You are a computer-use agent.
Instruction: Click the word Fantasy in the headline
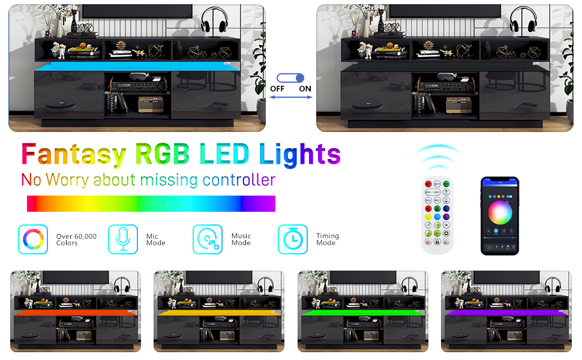point(74,154)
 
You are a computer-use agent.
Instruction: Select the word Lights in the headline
point(300,154)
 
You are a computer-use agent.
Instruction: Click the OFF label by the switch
point(277,89)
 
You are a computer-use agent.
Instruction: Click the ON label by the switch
point(305,89)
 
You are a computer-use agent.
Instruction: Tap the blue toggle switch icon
point(290,78)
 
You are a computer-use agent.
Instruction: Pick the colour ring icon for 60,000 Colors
point(33,239)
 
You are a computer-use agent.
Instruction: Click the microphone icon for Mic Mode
point(123,239)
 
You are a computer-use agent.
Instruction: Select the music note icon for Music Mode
point(208,239)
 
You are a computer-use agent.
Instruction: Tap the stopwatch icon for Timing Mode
point(293,239)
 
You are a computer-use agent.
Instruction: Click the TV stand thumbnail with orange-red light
point(76,311)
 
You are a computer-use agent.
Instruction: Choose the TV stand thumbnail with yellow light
point(219,311)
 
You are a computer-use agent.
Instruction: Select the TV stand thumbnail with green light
point(363,311)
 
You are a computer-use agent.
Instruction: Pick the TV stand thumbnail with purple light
point(506,311)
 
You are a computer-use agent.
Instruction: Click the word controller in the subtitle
point(239,179)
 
